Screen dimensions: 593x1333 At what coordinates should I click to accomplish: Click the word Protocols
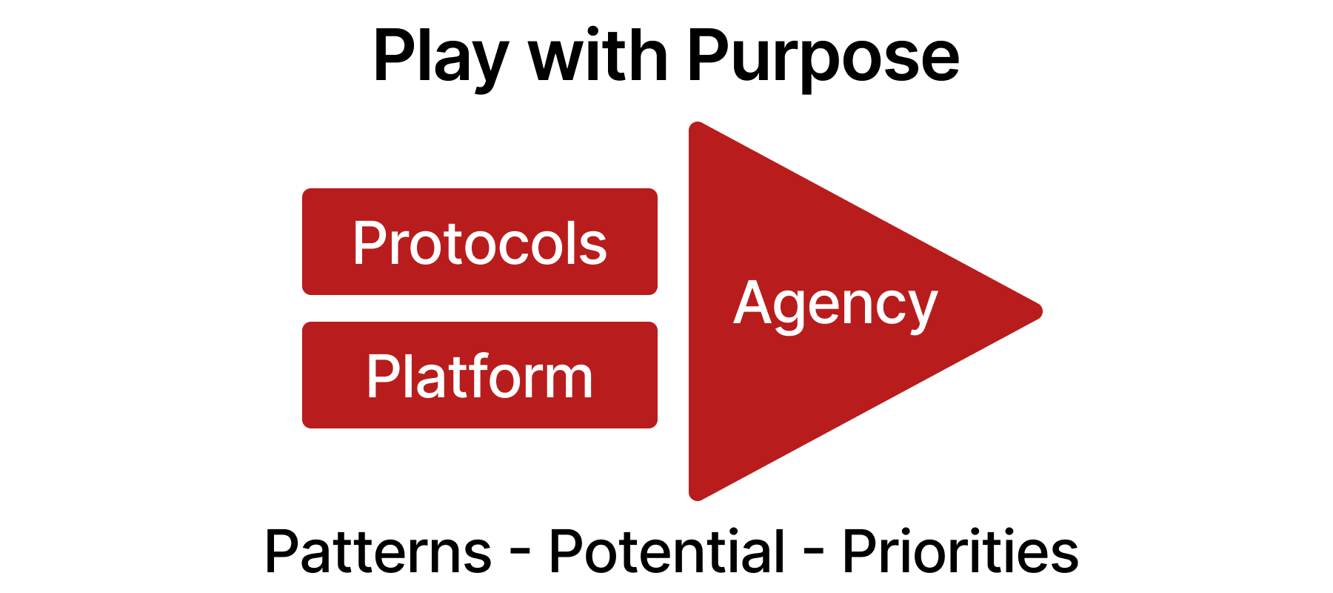480,243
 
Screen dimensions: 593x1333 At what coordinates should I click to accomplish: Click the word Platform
480,377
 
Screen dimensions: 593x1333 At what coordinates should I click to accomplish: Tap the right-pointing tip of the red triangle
1039,311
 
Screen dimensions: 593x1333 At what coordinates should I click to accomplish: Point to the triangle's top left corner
695,127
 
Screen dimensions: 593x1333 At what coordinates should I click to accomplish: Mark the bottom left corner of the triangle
695,496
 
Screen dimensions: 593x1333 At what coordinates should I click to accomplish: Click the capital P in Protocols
370,243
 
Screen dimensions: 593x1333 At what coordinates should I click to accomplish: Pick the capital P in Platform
383,377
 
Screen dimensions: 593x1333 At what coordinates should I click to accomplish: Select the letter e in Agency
824,307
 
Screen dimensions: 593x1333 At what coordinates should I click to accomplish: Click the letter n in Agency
858,307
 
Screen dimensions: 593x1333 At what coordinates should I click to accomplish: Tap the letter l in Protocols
572,243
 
